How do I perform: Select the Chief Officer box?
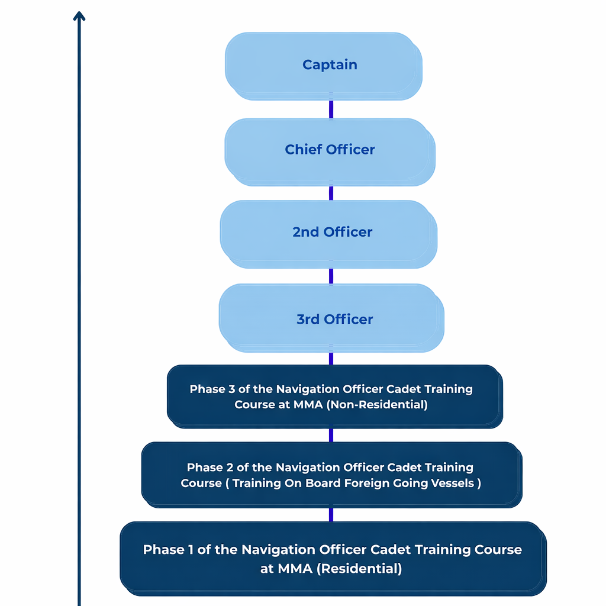tap(329, 150)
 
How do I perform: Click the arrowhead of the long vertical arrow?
tap(79, 16)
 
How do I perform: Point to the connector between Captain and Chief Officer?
tap(331, 109)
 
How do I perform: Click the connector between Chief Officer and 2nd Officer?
tap(331, 193)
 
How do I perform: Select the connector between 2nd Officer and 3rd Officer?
tap(331, 276)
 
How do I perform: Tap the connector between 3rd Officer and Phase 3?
tap(331, 358)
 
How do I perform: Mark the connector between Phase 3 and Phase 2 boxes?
tap(331, 435)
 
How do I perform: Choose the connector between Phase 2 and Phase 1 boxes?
tap(331, 514)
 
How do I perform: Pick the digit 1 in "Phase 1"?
tap(191, 550)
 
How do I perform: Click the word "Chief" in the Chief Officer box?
tap(302, 150)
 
